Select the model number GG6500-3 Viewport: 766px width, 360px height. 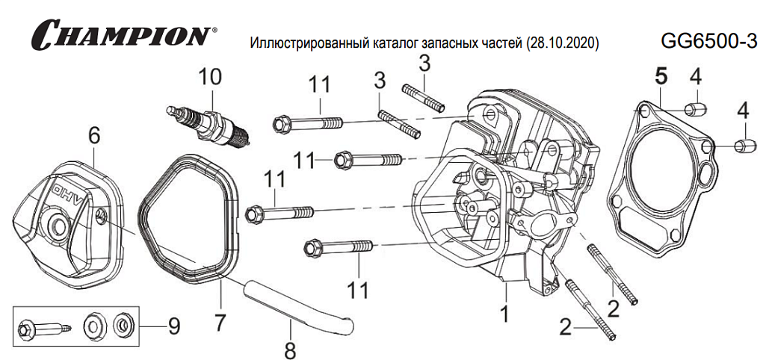point(709,41)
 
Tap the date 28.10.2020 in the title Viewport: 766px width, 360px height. point(563,43)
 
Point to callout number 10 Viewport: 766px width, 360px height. point(210,77)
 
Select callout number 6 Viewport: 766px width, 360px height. point(93,136)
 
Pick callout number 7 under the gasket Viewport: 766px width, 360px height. point(219,323)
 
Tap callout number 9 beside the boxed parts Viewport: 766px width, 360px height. point(173,326)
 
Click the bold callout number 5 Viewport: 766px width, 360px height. point(660,75)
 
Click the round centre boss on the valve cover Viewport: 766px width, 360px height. point(57,225)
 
